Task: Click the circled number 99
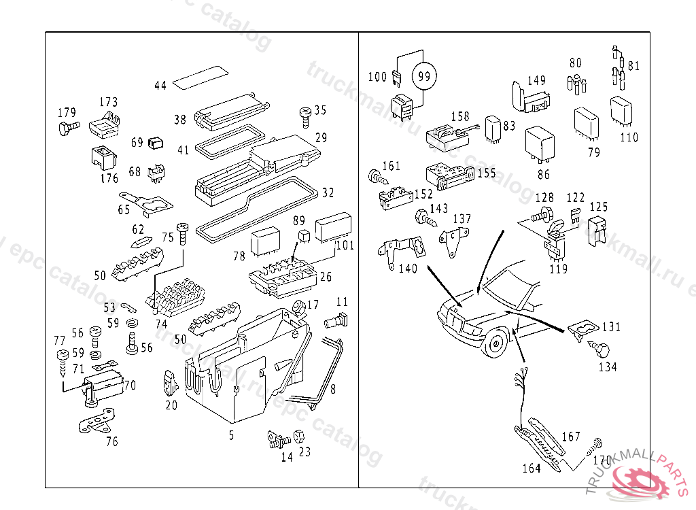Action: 424,76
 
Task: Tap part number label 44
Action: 160,86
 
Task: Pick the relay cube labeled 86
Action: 542,144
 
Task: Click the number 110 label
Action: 629,137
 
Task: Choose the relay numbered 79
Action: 587,123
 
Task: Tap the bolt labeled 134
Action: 601,351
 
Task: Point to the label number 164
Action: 532,469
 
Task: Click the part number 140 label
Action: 408,269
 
